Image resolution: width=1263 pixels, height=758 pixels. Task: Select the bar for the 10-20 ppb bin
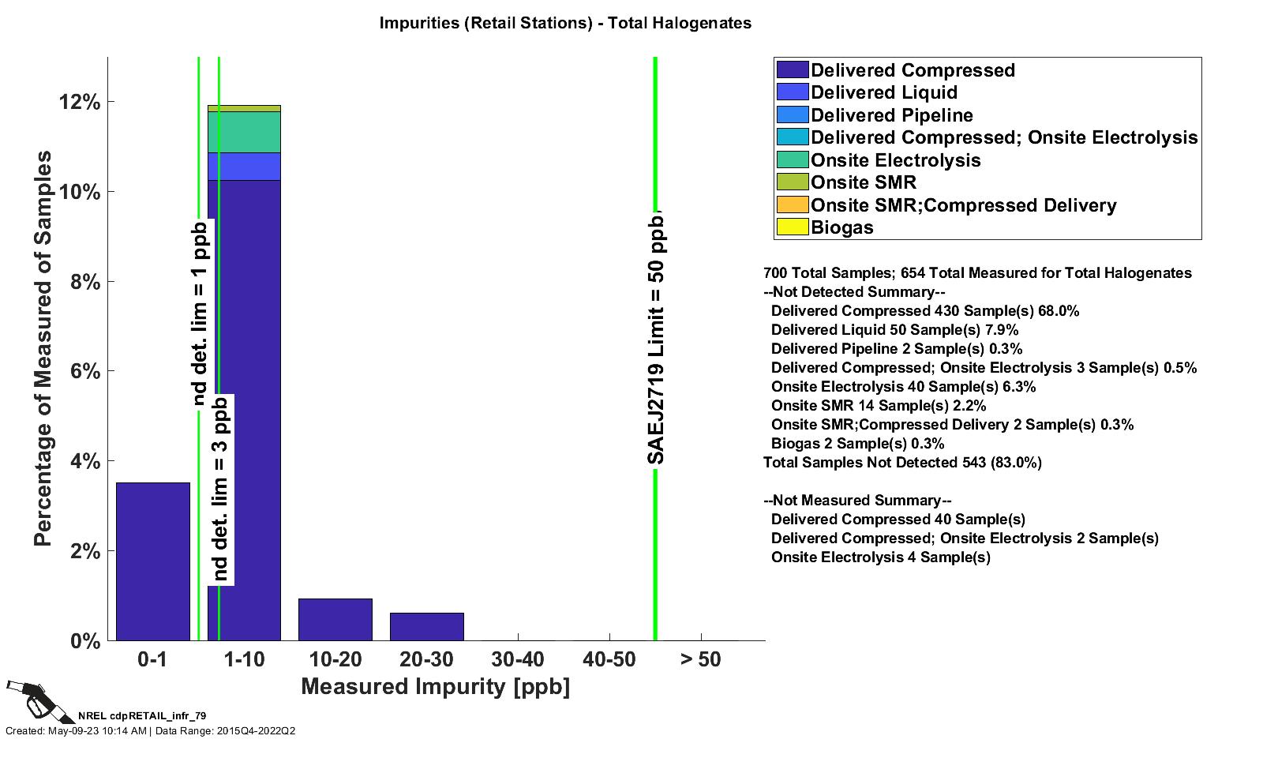(335, 619)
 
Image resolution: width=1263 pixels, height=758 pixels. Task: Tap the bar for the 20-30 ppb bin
(426, 626)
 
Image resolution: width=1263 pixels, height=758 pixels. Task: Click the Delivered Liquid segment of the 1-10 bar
(244, 166)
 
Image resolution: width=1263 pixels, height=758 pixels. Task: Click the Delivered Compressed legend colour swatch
(793, 70)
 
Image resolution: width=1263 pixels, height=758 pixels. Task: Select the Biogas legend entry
(841, 227)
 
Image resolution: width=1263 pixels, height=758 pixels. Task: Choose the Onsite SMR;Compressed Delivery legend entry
(963, 205)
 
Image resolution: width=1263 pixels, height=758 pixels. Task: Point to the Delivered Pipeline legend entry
(891, 115)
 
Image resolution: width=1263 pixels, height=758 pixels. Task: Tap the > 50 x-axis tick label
(700, 659)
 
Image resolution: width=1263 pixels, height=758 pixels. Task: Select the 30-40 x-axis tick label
(517, 659)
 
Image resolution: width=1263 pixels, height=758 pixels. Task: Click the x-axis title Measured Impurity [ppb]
(435, 686)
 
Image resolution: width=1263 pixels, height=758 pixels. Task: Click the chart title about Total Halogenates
(565, 23)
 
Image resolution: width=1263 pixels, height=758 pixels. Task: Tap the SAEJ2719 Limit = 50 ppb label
(656, 338)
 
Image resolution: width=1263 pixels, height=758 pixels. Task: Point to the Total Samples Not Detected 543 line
(902, 463)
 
